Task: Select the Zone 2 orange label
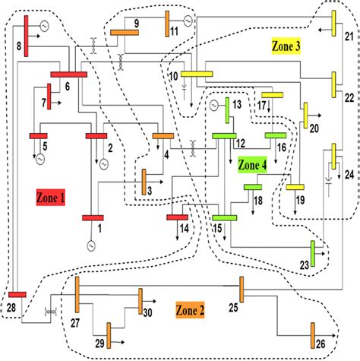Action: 190,309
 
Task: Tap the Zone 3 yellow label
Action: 286,46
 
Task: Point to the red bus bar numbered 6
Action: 69,74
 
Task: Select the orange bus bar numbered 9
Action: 124,33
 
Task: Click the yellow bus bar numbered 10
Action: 197,73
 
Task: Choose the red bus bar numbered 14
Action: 177,217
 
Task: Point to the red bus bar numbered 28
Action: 17,294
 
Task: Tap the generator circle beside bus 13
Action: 214,103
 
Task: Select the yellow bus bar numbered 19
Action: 295,186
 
